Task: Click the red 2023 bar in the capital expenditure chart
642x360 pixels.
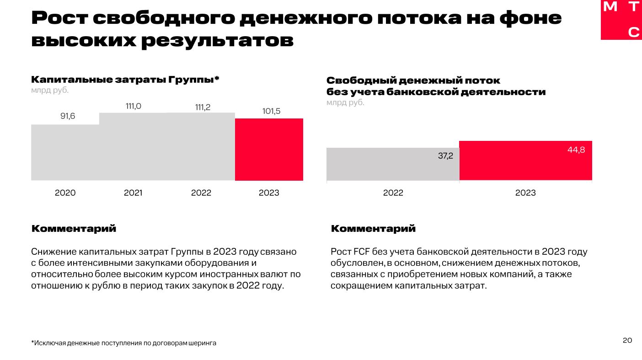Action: [x=269, y=150]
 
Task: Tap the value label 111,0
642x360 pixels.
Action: [x=134, y=106]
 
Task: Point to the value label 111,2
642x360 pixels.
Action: [x=202, y=107]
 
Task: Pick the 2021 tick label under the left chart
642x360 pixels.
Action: [x=133, y=193]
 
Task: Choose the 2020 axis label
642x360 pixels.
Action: [x=65, y=193]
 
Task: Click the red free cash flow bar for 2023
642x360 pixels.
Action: [x=525, y=161]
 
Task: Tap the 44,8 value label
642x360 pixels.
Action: [x=576, y=150]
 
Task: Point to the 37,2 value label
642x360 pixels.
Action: [x=445, y=156]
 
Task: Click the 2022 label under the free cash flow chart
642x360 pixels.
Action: [x=393, y=193]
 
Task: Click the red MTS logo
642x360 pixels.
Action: [x=621, y=20]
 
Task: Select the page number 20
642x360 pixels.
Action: [x=627, y=340]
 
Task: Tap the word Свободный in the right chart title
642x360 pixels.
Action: [x=361, y=81]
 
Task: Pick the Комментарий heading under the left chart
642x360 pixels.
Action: [x=74, y=228]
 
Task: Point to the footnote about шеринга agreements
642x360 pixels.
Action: [x=123, y=343]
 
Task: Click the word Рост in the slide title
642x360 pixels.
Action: [x=59, y=18]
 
